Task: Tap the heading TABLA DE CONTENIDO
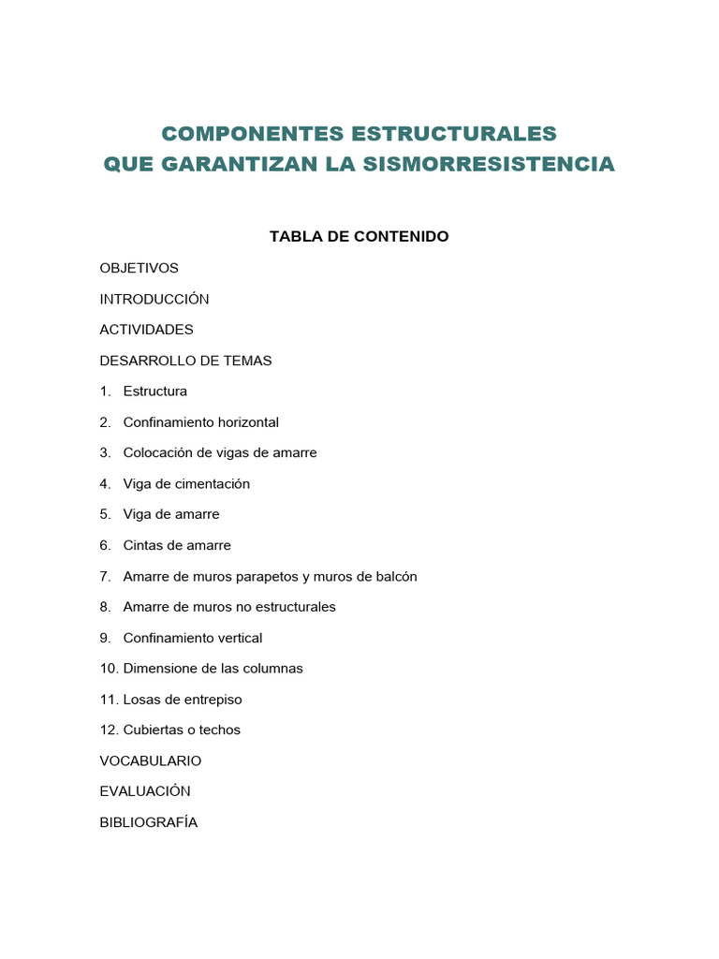(x=359, y=237)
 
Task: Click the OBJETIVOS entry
(x=139, y=268)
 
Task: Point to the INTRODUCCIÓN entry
(x=154, y=300)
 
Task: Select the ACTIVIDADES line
(x=146, y=330)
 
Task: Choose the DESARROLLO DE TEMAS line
(x=185, y=361)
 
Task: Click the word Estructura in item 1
(x=154, y=391)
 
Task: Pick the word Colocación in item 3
(x=156, y=453)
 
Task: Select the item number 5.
(x=105, y=515)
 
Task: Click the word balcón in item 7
(x=395, y=577)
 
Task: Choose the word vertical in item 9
(x=240, y=638)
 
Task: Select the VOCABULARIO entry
(x=150, y=760)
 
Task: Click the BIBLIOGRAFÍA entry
(x=148, y=822)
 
